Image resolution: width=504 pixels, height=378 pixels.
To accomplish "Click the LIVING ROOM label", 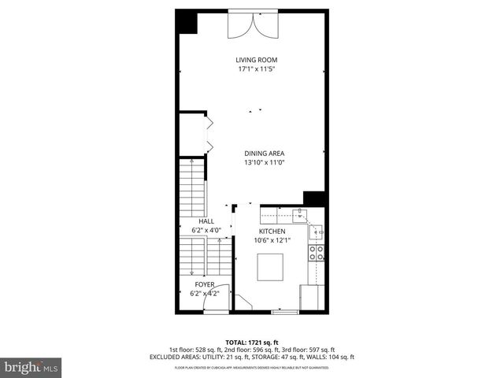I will pyautogui.click(x=257, y=60).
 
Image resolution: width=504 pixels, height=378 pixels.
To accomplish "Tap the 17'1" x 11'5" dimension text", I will pyautogui.click(x=257, y=69).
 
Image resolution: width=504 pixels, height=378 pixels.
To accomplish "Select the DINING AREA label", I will pyautogui.click(x=264, y=154).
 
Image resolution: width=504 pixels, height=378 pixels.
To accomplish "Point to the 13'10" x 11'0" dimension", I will pyautogui.click(x=264, y=163).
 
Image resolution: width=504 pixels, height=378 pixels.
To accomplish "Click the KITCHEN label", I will pyautogui.click(x=272, y=232).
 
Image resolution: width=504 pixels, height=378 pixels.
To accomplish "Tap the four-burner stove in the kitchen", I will pyautogui.click(x=317, y=254).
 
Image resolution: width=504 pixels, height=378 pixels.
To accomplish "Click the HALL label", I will pyautogui.click(x=206, y=222).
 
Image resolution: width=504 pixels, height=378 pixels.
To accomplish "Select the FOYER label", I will pyautogui.click(x=205, y=284).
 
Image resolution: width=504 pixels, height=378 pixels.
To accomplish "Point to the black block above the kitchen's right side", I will pyautogui.click(x=314, y=198).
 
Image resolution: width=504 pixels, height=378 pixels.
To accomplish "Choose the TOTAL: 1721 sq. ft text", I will pyautogui.click(x=252, y=342).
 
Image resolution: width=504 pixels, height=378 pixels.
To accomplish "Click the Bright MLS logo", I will pyautogui.click(x=31, y=367).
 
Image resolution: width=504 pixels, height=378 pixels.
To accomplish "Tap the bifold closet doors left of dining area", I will pyautogui.click(x=209, y=134).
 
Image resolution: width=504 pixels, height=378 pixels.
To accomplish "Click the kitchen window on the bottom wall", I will pyautogui.click(x=285, y=313).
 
